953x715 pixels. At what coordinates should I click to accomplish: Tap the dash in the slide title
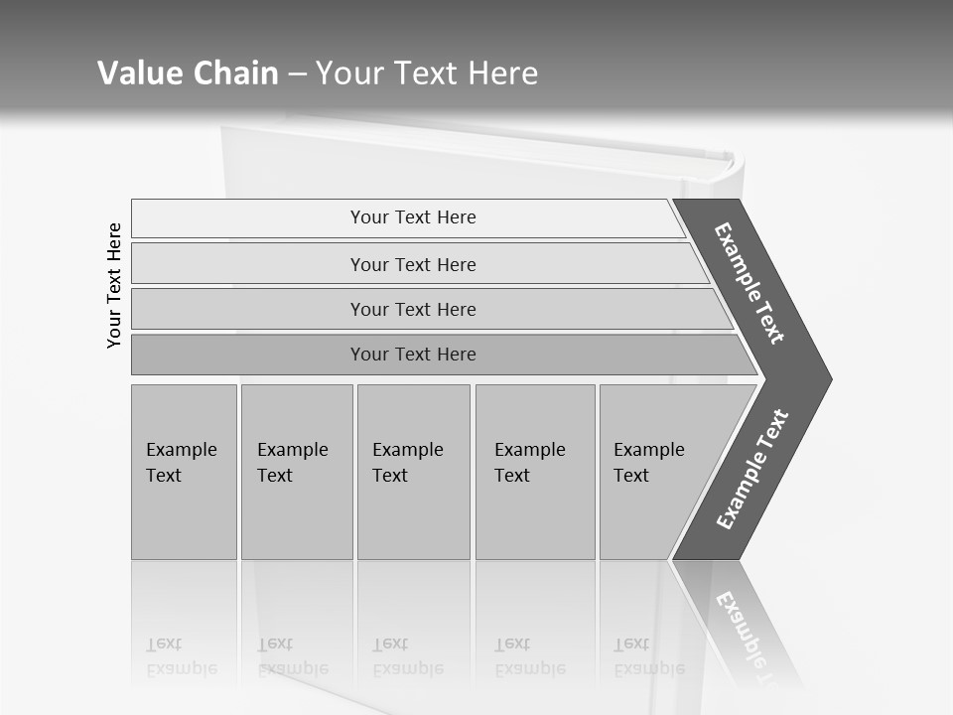[297, 74]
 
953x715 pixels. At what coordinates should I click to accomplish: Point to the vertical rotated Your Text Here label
[114, 285]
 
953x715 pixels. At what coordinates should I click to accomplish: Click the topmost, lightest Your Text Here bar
[412, 217]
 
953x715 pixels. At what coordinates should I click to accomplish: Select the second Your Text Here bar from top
[412, 264]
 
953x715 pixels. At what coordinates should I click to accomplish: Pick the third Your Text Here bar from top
[412, 309]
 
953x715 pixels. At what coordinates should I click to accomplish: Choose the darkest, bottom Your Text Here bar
[412, 355]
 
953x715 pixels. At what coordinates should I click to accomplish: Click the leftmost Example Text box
[184, 472]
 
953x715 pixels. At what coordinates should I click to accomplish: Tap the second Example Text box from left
[296, 472]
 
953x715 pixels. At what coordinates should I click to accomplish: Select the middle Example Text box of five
[413, 472]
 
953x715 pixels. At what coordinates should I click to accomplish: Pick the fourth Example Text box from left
[534, 472]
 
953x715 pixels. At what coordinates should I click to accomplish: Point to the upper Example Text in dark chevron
[749, 283]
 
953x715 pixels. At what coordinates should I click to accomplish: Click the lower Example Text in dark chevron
[751, 469]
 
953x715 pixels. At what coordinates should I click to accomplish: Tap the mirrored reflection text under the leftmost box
[181, 656]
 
